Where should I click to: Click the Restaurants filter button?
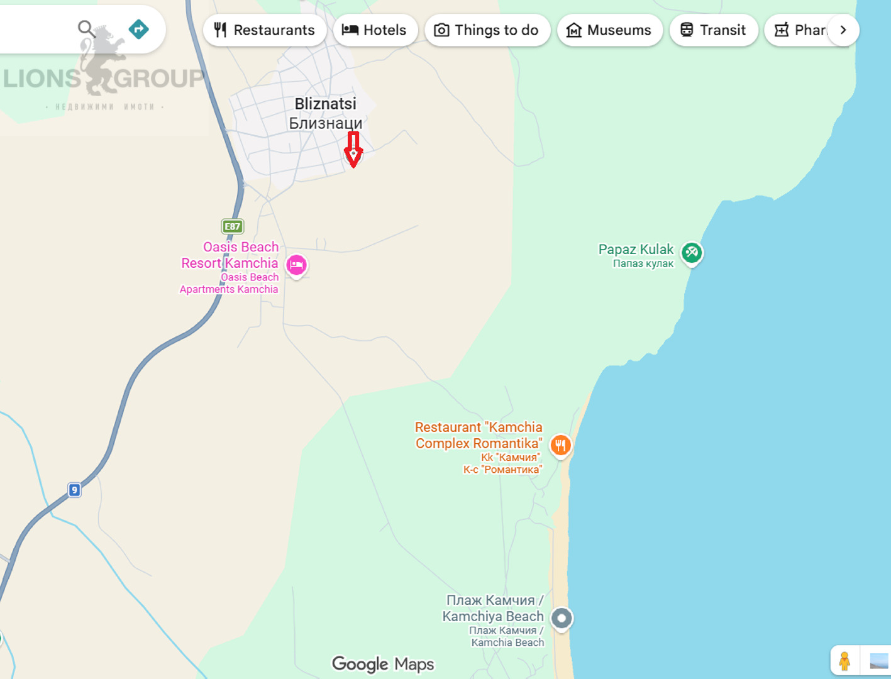tap(264, 30)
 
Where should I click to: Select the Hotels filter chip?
tap(375, 30)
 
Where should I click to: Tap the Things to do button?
tap(487, 30)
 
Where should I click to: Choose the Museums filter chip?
tap(609, 30)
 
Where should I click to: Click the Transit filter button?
tap(713, 30)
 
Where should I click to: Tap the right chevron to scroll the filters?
tap(843, 30)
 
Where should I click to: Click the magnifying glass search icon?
tap(86, 28)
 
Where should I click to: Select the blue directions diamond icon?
tap(138, 29)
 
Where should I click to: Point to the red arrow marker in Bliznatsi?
tap(353, 150)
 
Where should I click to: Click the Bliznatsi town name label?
tap(326, 113)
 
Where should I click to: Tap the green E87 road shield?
tap(233, 226)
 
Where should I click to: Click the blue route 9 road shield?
tap(74, 490)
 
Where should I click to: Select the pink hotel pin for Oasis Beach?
tap(296, 265)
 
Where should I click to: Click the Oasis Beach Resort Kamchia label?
tap(230, 255)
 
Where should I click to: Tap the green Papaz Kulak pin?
tap(692, 253)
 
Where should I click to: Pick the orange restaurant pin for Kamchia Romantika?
tap(560, 446)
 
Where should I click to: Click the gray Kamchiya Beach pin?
tap(562, 618)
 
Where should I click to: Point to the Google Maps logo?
tap(383, 664)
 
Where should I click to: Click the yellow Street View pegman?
tap(844, 661)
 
